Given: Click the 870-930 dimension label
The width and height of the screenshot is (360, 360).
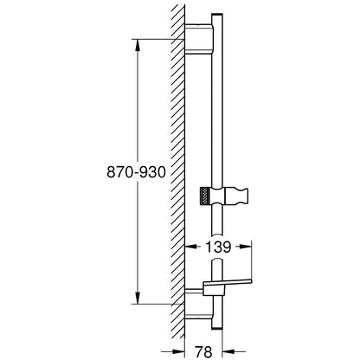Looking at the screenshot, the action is [x=136, y=172].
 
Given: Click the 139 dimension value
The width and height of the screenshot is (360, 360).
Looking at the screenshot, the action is [x=218, y=247].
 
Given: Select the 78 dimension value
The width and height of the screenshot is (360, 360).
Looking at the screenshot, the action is [x=203, y=351].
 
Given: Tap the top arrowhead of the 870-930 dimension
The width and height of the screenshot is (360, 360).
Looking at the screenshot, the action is [x=138, y=45].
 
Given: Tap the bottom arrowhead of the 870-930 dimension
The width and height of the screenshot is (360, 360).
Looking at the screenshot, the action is [x=138, y=298].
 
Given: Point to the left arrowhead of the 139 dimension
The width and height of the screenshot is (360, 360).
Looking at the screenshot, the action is [x=190, y=247].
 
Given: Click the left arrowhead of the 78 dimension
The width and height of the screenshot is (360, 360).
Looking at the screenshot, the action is [x=178, y=351].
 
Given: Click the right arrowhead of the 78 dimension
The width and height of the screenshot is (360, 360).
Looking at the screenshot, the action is [x=228, y=351].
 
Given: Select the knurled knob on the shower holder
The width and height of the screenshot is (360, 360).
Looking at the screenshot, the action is [x=204, y=196].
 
